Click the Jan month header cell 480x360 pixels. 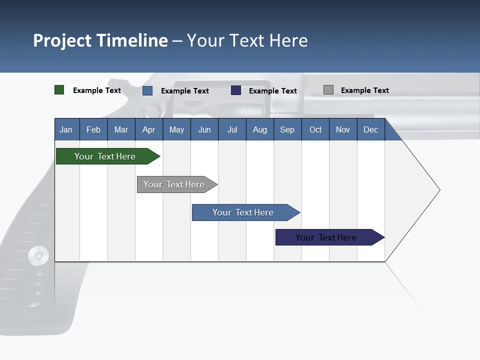[66, 129]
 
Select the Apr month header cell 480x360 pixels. [149, 129]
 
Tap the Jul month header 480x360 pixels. [232, 129]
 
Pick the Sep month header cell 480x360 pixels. [287, 129]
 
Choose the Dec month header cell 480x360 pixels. [370, 129]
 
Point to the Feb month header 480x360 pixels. [93, 129]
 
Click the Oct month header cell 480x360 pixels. [315, 129]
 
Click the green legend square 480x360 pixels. [59, 90]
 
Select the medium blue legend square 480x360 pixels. [147, 90]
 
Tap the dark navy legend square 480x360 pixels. [236, 90]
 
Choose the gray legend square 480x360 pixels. [328, 90]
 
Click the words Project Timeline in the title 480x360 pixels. [100, 40]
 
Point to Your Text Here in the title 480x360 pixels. [247, 40]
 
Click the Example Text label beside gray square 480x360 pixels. [364, 90]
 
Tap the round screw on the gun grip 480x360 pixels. [38, 255]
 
